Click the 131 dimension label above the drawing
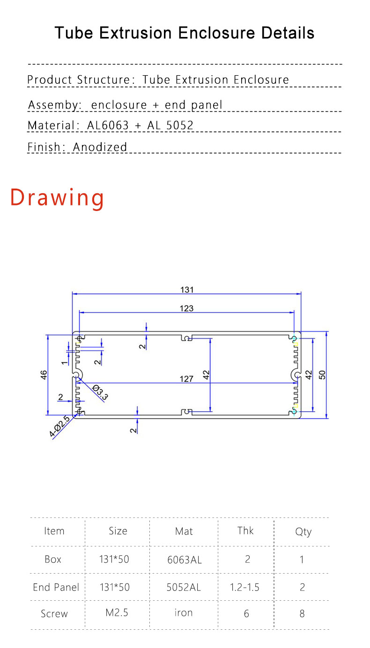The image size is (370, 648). [187, 290]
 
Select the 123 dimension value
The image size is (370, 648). [186, 308]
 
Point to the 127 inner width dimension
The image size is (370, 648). [186, 379]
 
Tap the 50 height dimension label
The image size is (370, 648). [322, 375]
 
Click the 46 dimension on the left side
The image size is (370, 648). [44, 375]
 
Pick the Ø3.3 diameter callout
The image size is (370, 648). [100, 393]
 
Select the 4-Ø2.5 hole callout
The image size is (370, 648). [59, 426]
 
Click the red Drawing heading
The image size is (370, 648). [57, 198]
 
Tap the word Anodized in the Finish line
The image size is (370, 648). [100, 147]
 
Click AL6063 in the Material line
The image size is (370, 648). [108, 125]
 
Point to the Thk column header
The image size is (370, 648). [245, 531]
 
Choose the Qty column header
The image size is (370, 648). [303, 532]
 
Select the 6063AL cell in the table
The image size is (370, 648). [185, 560]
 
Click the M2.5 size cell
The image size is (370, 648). [117, 613]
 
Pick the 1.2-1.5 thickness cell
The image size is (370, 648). [244, 587]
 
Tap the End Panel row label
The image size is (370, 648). [56, 587]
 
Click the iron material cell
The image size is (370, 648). [183, 613]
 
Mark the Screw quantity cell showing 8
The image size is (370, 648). [302, 613]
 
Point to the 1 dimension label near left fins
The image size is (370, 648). [64, 362]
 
